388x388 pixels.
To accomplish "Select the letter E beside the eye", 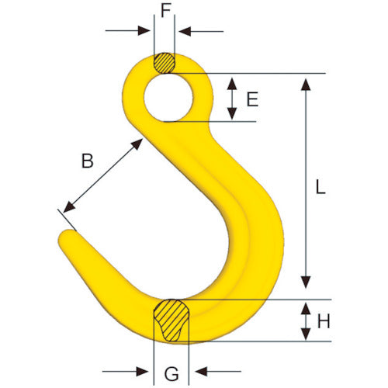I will tap(251, 99).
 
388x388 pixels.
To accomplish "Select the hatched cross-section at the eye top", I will tap(165, 62).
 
